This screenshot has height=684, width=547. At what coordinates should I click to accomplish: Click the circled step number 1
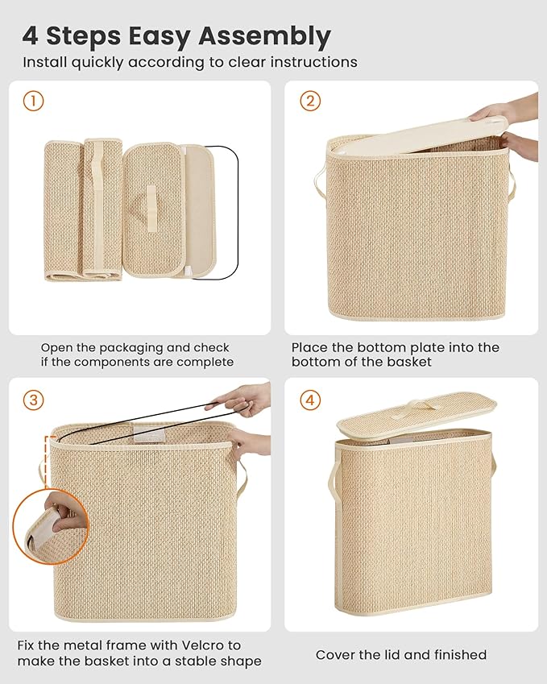click(33, 102)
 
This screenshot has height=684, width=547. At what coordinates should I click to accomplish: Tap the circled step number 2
click(310, 101)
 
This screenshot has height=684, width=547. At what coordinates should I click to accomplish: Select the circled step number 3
click(34, 400)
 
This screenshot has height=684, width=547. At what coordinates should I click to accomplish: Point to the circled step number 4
click(310, 400)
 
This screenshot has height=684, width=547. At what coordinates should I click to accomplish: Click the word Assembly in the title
click(265, 36)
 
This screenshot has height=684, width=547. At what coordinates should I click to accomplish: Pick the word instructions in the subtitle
click(313, 62)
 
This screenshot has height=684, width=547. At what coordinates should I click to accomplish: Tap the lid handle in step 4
click(421, 405)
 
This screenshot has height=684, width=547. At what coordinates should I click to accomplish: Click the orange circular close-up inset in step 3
click(50, 527)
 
